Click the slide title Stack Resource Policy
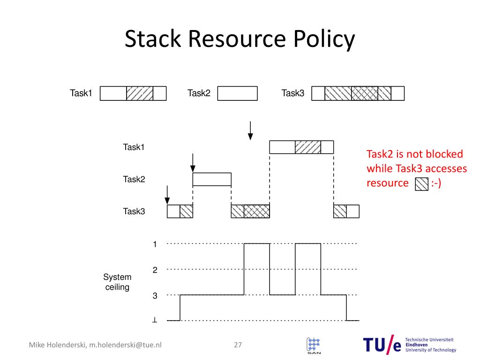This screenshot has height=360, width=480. pyautogui.click(x=240, y=40)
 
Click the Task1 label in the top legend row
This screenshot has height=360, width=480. pyautogui.click(x=81, y=93)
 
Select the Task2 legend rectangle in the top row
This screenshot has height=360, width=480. pyautogui.click(x=237, y=93)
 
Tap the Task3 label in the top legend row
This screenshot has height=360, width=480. pyautogui.click(x=292, y=93)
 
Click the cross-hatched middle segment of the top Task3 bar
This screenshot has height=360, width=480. pyautogui.click(x=365, y=93)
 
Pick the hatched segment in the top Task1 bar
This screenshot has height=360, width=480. pyautogui.click(x=140, y=93)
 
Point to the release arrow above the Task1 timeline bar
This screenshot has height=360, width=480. pyautogui.click(x=250, y=130)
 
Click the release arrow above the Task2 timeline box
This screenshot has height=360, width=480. pyautogui.click(x=193, y=162)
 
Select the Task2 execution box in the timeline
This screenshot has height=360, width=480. pyautogui.click(x=212, y=180)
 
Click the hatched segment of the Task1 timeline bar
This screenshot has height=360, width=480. pyautogui.click(x=308, y=147)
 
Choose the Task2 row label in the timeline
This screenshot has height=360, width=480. pyautogui.click(x=134, y=179)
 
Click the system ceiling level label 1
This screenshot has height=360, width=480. pyautogui.click(x=154, y=244)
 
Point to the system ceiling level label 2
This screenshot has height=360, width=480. pyautogui.click(x=154, y=270)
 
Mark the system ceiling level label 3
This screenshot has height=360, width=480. pyautogui.click(x=154, y=296)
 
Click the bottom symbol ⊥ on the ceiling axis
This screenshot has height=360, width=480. pyautogui.click(x=154, y=321)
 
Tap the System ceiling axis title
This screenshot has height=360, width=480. pyautogui.click(x=117, y=282)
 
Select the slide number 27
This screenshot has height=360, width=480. pyautogui.click(x=238, y=345)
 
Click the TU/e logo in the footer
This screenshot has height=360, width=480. pyautogui.click(x=382, y=345)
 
